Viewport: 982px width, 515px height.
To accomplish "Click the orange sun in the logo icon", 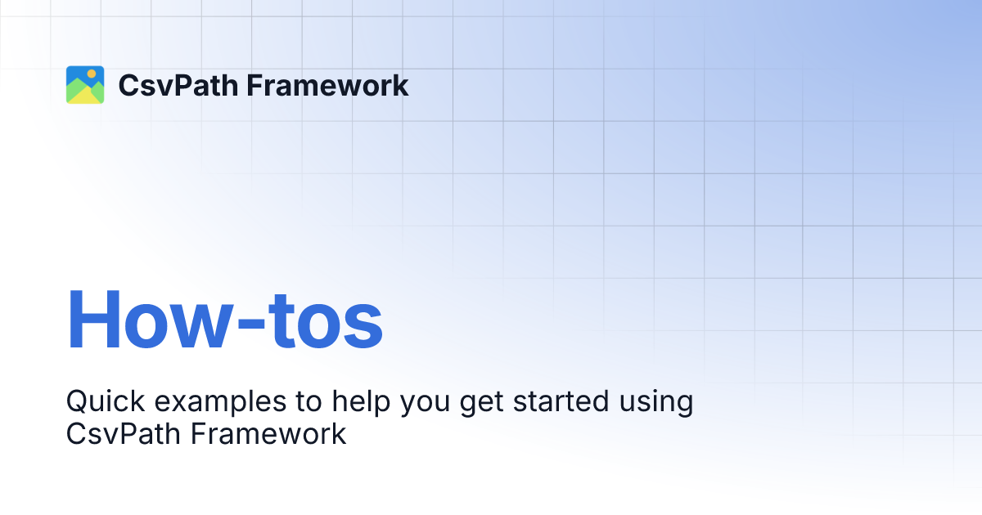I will (92, 74).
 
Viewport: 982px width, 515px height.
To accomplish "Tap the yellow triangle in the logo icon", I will (79, 95).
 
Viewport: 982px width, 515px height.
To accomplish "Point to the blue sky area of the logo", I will (75, 73).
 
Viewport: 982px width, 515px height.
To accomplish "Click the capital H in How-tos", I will (95, 320).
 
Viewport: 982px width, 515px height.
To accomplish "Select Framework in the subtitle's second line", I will (269, 434).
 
